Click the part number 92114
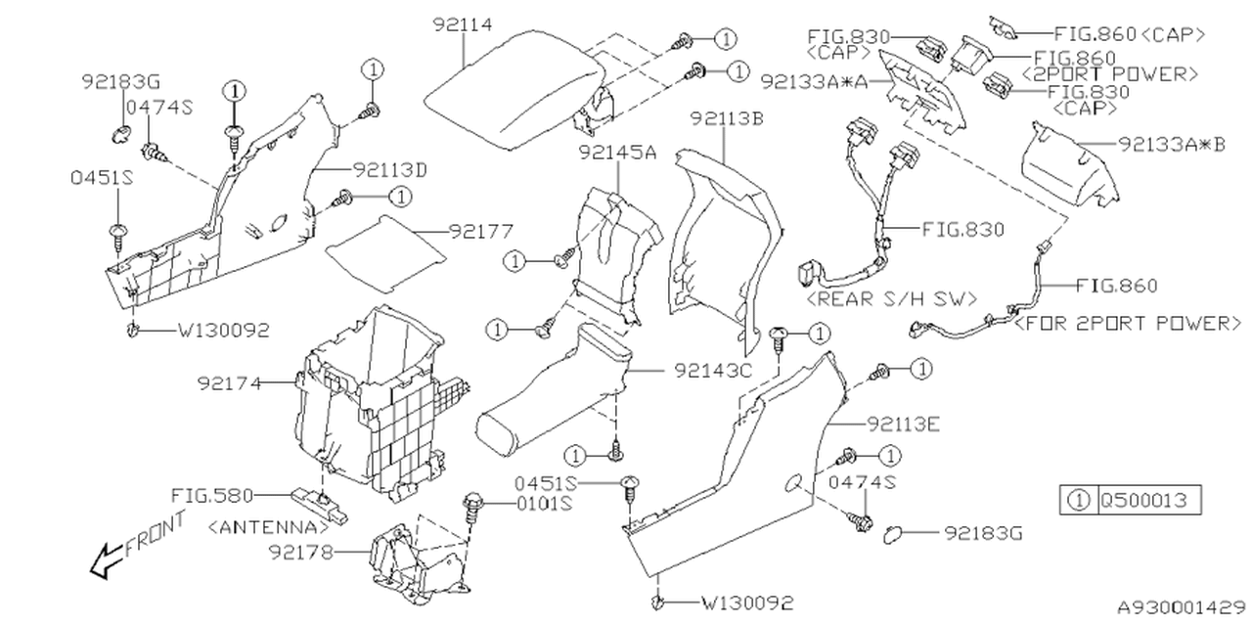pos(463,25)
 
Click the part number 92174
pos(229,383)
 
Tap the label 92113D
pos(390,168)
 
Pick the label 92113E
pos(903,424)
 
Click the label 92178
pos(299,553)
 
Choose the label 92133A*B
pos(1171,145)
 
